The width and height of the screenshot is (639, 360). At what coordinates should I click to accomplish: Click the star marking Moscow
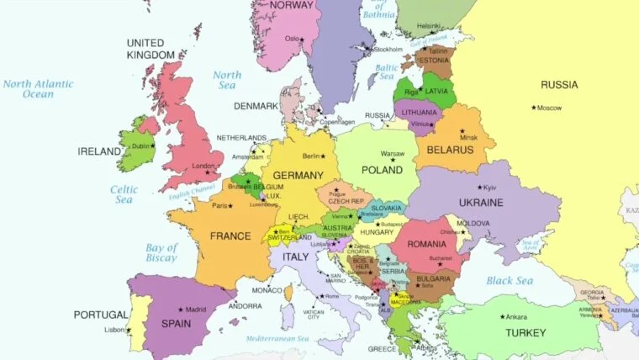pyautogui.click(x=534, y=107)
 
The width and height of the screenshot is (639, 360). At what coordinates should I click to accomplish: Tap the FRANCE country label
pyautogui.click(x=230, y=236)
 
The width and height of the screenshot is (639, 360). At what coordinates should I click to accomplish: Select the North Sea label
pyautogui.click(x=227, y=80)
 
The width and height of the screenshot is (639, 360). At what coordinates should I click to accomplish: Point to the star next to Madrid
pyautogui.click(x=179, y=309)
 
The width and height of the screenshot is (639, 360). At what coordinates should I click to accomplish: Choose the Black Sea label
pyautogui.click(x=510, y=280)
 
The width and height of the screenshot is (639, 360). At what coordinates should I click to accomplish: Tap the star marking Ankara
pyautogui.click(x=503, y=316)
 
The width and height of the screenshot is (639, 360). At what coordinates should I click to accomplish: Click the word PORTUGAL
pyautogui.click(x=101, y=315)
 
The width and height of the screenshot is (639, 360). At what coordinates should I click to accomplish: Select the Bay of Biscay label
pyautogui.click(x=161, y=253)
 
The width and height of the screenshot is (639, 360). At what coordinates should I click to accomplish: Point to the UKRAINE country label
pyautogui.click(x=481, y=203)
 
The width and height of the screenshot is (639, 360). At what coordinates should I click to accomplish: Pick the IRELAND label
pyautogui.click(x=99, y=151)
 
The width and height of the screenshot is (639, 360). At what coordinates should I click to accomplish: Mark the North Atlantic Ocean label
pyautogui.click(x=38, y=89)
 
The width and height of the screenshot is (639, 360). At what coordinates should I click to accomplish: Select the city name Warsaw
pyautogui.click(x=393, y=154)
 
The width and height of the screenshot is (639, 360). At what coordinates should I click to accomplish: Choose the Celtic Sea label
pyautogui.click(x=124, y=194)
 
